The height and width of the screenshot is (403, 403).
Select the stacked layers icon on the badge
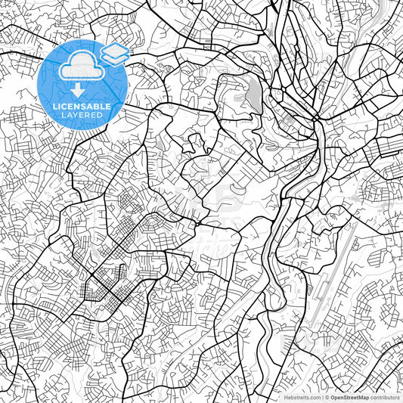pos(114,54)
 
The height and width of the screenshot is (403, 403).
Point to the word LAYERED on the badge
pos(83,115)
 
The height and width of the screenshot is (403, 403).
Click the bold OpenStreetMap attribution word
pos(350,397)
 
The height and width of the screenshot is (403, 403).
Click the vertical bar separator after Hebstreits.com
pos(321,397)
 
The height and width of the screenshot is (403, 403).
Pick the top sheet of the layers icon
pos(114,49)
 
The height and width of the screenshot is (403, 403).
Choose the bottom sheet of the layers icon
pos(114,58)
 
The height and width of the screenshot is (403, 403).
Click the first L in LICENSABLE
pos(55,106)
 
